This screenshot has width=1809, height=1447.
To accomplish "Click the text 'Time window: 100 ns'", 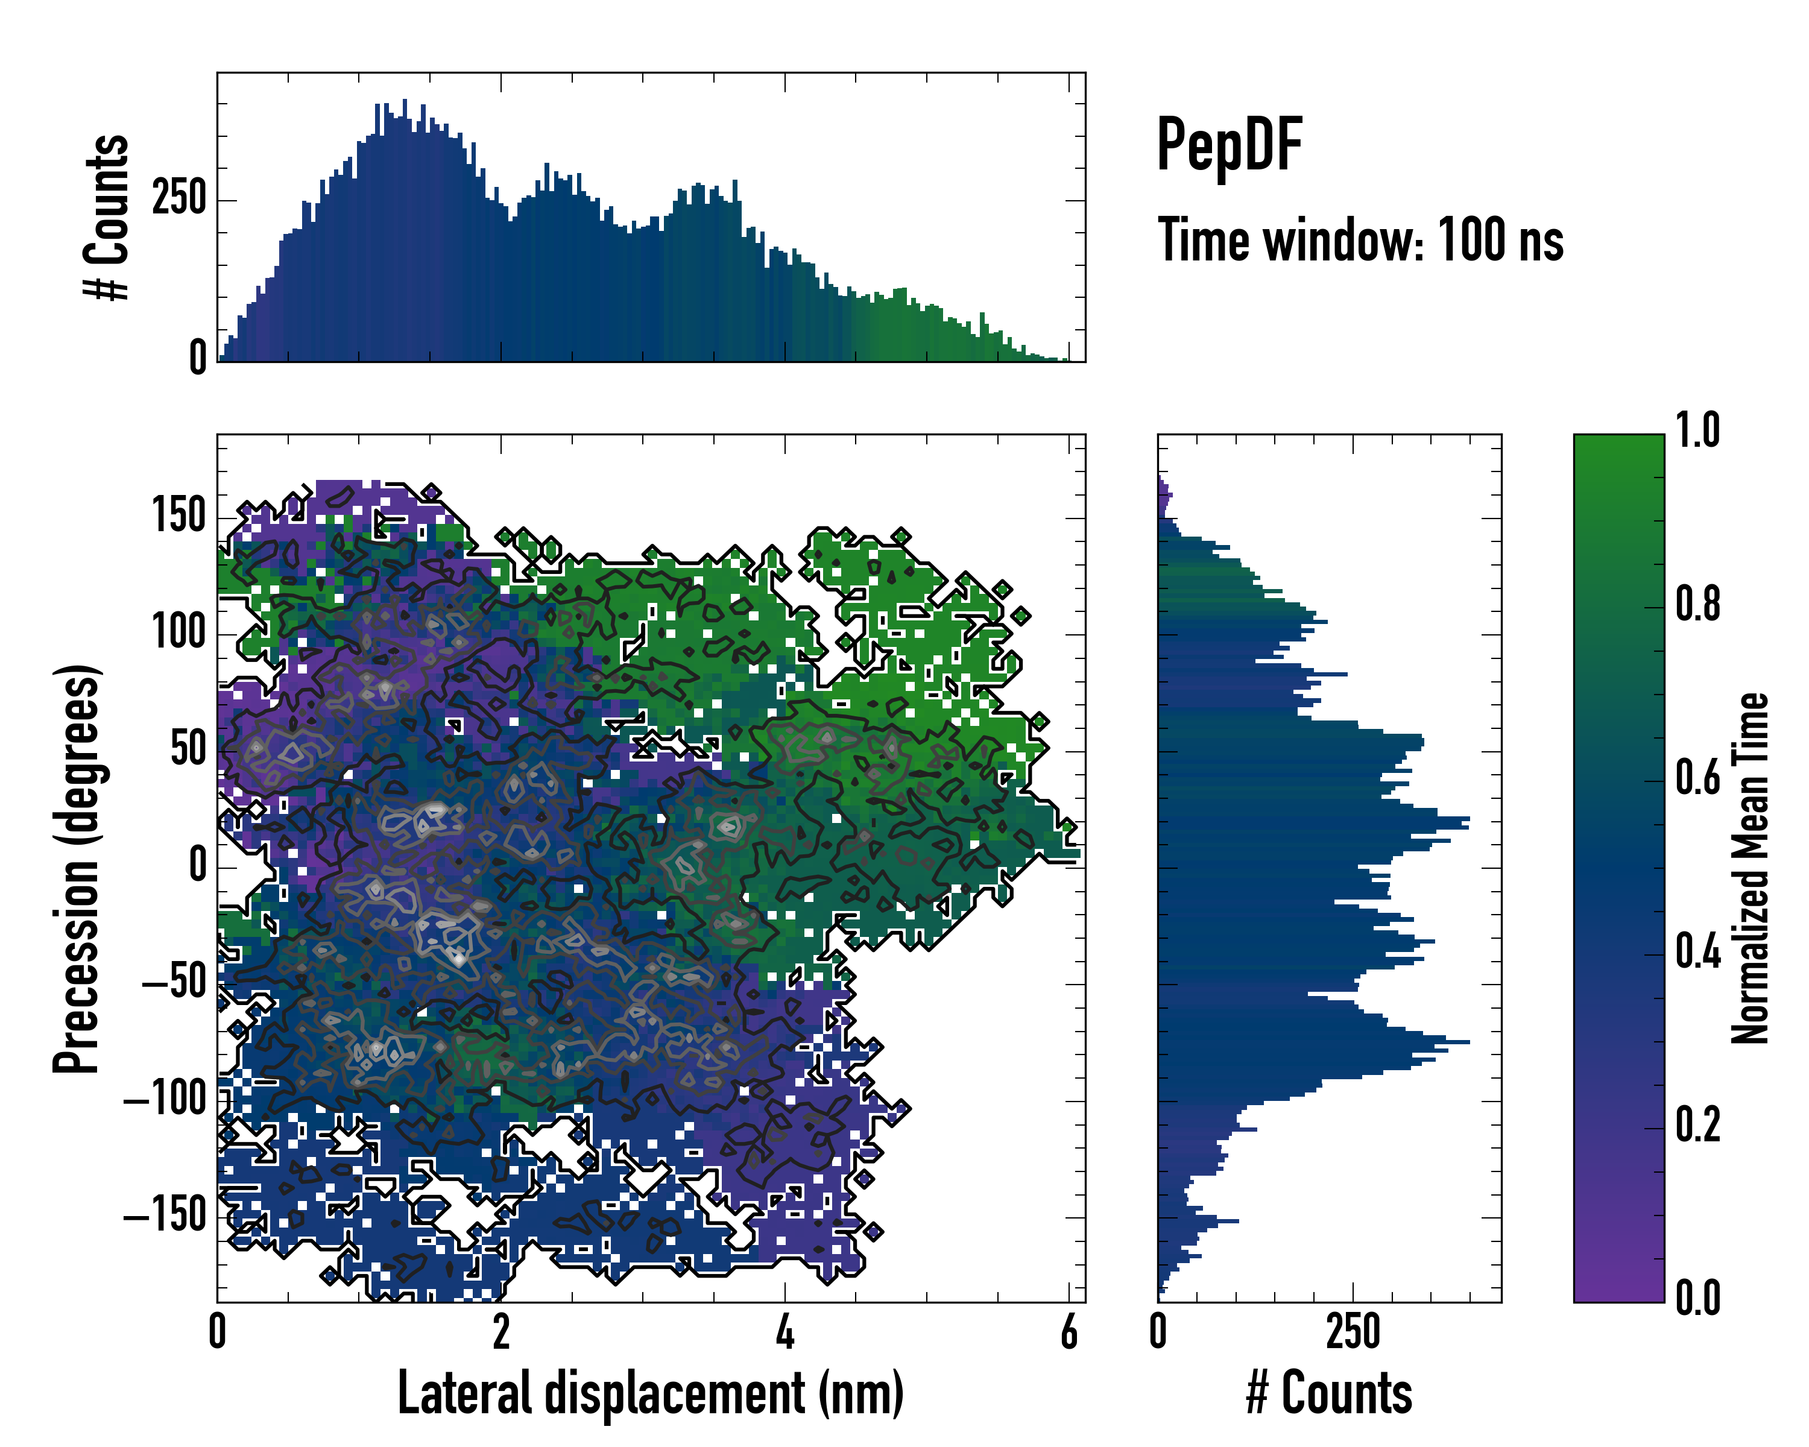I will pyautogui.click(x=1360, y=241).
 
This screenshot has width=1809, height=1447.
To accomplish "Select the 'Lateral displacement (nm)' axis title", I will pyautogui.click(x=650, y=1393).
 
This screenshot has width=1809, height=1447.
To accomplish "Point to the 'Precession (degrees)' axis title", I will pyautogui.click(x=77, y=868).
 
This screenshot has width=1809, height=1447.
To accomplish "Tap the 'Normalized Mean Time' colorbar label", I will pyautogui.click(x=1751, y=868).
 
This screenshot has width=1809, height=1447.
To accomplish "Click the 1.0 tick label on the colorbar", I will pyautogui.click(x=1697, y=431).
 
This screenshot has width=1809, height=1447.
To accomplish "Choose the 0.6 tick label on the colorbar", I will pyautogui.click(x=1697, y=778).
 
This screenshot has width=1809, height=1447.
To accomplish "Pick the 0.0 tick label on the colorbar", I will pyautogui.click(x=1697, y=1299).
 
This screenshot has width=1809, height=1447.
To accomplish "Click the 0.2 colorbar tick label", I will pyautogui.click(x=1697, y=1126).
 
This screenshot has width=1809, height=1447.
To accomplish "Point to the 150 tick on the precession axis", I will pyautogui.click(x=178, y=515).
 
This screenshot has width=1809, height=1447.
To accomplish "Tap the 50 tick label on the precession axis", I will pyautogui.click(x=188, y=748).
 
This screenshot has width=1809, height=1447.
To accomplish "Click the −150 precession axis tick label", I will pyautogui.click(x=165, y=1215).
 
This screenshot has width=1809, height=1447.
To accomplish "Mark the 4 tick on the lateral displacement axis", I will pyautogui.click(x=785, y=1332).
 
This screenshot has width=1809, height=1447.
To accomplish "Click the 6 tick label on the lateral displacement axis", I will pyautogui.click(x=1068, y=1332).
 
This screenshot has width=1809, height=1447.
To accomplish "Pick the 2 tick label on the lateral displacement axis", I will pyautogui.click(x=501, y=1332).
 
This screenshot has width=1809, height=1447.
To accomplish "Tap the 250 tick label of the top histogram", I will pyautogui.click(x=178, y=199).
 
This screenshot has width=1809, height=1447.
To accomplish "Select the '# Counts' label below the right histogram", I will pyautogui.click(x=1328, y=1393).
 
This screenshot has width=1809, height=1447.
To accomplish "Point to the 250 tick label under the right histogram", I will pyautogui.click(x=1353, y=1332).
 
